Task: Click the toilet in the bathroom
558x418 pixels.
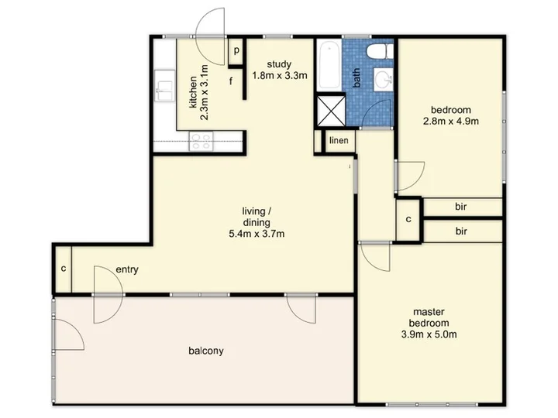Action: pos(380,52)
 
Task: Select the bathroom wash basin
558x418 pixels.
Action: pos(383,79)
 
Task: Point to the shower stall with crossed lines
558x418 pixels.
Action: pos(331,110)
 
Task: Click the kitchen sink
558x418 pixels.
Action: pos(165,86)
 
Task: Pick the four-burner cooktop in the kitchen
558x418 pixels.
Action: pos(201,141)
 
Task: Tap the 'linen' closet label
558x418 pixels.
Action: pos(339,140)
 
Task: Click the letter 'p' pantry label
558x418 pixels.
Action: pos(236,51)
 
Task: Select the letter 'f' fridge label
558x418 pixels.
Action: pos(231,81)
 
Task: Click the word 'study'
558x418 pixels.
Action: pos(279,64)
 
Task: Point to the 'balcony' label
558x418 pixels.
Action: pos(206,351)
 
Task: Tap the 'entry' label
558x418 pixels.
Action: pos(127,269)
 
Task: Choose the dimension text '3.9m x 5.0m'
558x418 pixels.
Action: pos(429,334)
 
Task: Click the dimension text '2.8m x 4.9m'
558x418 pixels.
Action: pos(451,122)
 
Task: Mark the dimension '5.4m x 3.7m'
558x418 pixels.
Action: pos(257,234)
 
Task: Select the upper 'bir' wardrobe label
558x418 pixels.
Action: pos(461,207)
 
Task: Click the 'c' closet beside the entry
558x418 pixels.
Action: pos(64,269)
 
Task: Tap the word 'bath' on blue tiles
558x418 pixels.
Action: pos(356,78)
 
